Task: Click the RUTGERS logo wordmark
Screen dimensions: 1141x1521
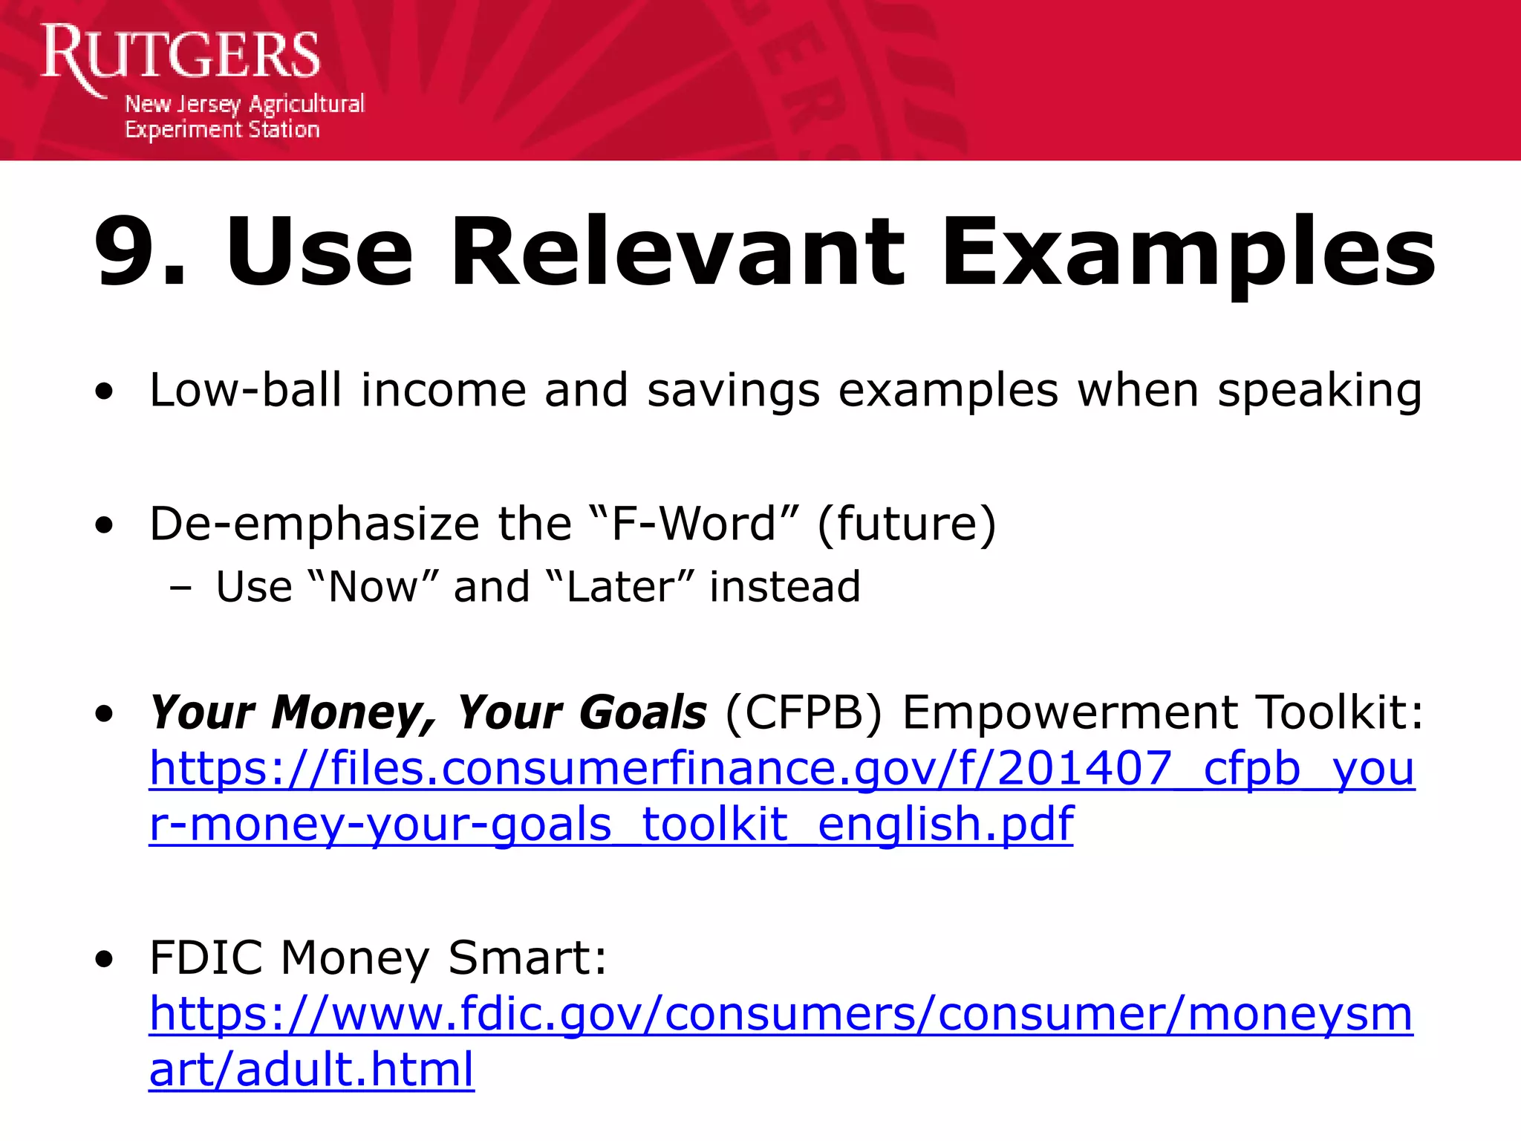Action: [180, 55]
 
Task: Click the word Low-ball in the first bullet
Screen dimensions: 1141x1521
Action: [245, 390]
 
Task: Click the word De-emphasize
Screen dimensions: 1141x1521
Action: [314, 524]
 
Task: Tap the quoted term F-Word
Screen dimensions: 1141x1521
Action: [695, 524]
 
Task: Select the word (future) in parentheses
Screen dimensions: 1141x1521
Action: [906, 524]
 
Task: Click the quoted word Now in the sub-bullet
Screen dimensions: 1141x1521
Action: [372, 587]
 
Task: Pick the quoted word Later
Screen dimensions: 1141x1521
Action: [619, 587]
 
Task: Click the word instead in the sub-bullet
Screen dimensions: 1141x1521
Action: [785, 587]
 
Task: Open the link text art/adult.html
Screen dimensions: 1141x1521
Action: [311, 1070]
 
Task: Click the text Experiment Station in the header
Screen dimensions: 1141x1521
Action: [222, 130]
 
